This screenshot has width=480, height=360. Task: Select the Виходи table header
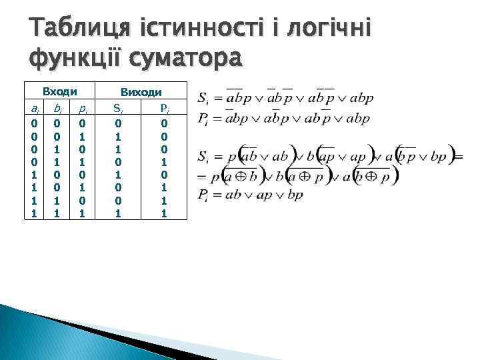tap(140, 93)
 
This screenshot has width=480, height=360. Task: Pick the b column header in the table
tap(59, 108)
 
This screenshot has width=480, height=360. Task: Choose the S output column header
tap(117, 108)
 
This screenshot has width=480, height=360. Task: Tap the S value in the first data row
tap(117, 123)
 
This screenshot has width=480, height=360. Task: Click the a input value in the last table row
tap(35, 214)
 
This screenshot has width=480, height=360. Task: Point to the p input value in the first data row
tap(81, 123)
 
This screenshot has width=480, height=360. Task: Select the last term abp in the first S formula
tap(360, 99)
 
